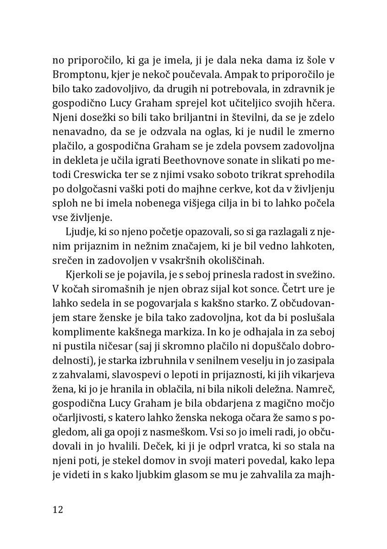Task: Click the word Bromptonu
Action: click(78, 73)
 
